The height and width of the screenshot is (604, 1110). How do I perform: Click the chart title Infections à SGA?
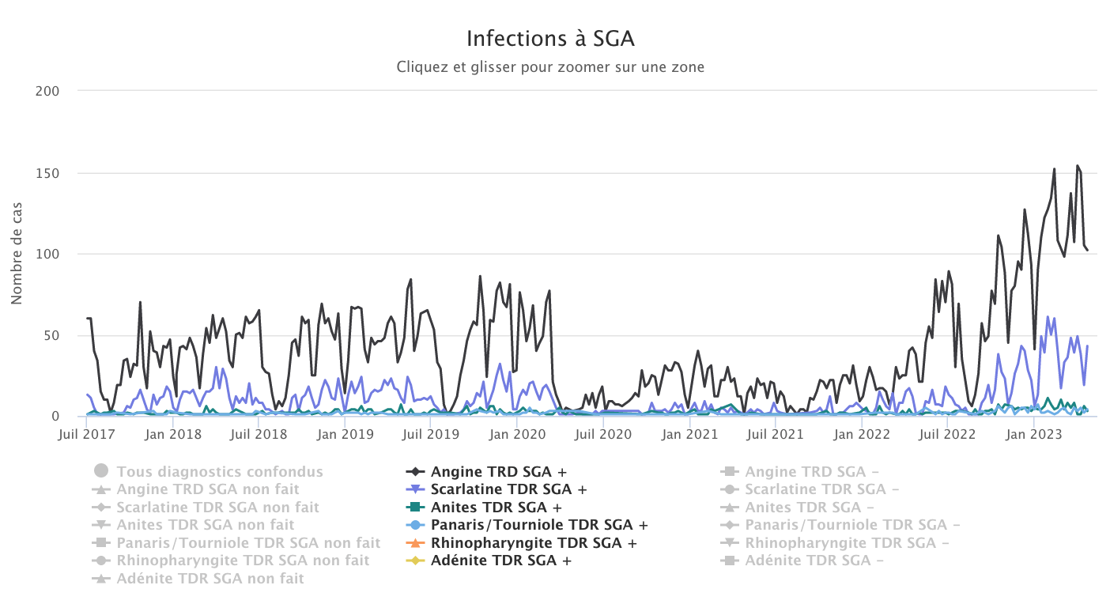pos(550,38)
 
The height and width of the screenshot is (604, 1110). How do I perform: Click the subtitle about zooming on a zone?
pos(550,67)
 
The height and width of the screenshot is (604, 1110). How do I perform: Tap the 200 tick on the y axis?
pos(48,91)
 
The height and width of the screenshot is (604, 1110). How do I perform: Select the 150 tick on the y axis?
pos(48,173)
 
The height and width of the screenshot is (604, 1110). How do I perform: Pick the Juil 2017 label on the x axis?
pos(86,434)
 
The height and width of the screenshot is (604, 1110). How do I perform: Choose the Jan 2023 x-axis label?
pos(1032,434)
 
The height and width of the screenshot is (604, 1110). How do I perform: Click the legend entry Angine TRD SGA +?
pos(498,472)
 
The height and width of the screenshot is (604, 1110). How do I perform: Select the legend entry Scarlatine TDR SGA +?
pos(508,489)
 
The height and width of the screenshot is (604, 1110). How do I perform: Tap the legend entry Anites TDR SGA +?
pos(496,507)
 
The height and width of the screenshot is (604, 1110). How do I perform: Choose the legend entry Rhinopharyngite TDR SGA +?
pos(534,543)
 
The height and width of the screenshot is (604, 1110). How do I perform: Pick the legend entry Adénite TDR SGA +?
pos(500,561)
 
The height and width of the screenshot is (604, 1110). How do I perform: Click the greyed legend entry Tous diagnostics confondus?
pos(220,472)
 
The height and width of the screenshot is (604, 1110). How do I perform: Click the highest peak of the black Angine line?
pos(1077,166)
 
